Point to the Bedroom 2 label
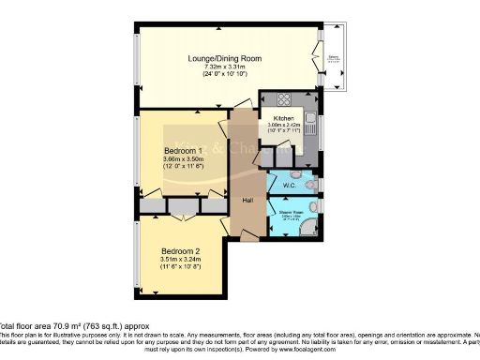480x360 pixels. [x=182, y=251]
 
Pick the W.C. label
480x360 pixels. [x=289, y=185]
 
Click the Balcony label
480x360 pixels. [x=333, y=58]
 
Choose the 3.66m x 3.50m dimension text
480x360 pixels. [x=183, y=160]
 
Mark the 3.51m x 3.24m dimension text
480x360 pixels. [x=182, y=261]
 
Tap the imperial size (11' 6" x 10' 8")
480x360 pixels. [x=182, y=269]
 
